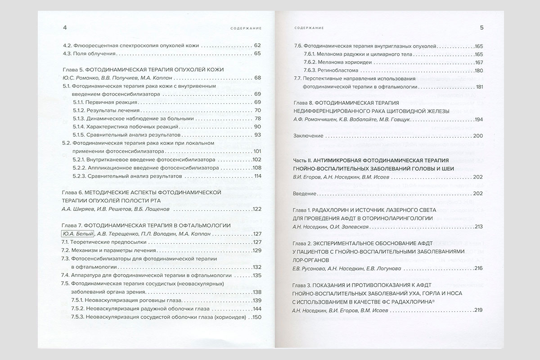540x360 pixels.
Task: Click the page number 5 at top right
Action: [x=481, y=28]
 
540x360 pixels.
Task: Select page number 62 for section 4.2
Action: [x=257, y=45]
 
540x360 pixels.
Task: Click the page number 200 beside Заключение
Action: [x=478, y=136]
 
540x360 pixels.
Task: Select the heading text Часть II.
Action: [x=305, y=160]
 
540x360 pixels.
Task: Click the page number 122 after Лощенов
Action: [x=257, y=209]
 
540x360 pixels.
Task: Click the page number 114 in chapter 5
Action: [x=257, y=176]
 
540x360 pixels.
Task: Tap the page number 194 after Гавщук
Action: [x=478, y=119]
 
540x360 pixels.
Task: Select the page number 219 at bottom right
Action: [x=478, y=310]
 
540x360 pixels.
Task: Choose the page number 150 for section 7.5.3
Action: [x=257, y=317]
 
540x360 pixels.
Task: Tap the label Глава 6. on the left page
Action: [x=72, y=193]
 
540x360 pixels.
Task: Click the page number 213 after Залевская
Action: [x=478, y=226]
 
